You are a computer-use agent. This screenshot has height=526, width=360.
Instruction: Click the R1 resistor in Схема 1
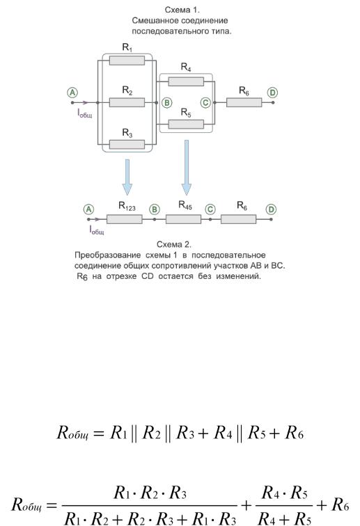point(127,61)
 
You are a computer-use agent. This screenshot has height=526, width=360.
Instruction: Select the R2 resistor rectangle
point(127,102)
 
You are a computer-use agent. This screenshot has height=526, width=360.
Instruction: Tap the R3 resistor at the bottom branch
point(127,145)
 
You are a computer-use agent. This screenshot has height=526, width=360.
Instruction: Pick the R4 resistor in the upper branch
point(186,81)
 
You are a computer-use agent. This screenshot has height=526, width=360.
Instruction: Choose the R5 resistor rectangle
point(186,124)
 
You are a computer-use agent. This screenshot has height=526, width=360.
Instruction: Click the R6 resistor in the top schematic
point(244,102)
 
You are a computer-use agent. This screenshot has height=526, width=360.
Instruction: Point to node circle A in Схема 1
point(72,93)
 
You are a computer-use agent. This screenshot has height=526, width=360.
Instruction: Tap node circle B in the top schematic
point(167,103)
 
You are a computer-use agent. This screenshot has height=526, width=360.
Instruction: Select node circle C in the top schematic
point(205,103)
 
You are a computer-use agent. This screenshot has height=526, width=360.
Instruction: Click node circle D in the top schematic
point(272,93)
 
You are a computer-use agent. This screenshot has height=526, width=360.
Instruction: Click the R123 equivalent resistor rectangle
point(124,219)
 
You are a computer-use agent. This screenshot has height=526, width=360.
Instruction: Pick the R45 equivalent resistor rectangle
point(183,219)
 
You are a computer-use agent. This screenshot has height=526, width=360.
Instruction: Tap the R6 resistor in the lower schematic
point(238,219)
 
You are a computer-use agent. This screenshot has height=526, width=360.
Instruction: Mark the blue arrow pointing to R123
point(127,177)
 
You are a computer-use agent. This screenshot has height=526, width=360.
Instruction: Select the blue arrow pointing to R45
point(187,168)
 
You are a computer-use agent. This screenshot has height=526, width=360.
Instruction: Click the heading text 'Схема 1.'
point(182,10)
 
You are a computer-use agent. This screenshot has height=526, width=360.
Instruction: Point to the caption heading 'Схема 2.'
point(174,244)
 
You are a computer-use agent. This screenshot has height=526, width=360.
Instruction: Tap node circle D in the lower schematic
point(271,209)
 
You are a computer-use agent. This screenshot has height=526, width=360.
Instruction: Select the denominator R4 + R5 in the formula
point(284,518)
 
